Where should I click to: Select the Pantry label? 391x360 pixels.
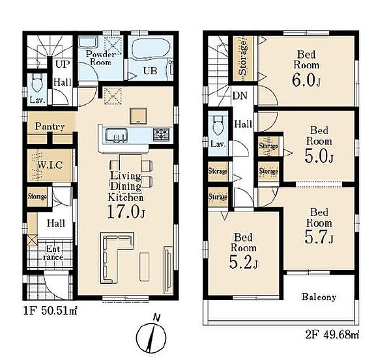pyautogui.click(x=50, y=126)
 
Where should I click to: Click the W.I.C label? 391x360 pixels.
pyautogui.click(x=50, y=165)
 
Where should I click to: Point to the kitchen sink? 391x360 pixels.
pyautogui.click(x=116, y=135)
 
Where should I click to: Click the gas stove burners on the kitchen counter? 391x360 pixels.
pyautogui.click(x=161, y=135)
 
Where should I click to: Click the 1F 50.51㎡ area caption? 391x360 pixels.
pyautogui.click(x=50, y=311)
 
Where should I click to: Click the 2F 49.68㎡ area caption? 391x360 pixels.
pyautogui.click(x=332, y=334)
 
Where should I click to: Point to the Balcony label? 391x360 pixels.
pyautogui.click(x=319, y=297)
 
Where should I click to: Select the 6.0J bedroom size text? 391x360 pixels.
pyautogui.click(x=306, y=80)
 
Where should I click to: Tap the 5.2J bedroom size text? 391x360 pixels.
pyautogui.click(x=243, y=262)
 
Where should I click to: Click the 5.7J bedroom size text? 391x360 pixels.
pyautogui.click(x=319, y=237)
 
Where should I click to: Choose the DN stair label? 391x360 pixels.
pyautogui.click(x=240, y=96)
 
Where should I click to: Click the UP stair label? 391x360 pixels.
pyautogui.click(x=63, y=64)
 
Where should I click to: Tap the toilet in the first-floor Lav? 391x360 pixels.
pyautogui.click(x=37, y=84)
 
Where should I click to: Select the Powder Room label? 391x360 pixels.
pyautogui.click(x=100, y=58)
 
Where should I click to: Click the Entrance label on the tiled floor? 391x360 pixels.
pyautogui.click(x=53, y=253)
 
